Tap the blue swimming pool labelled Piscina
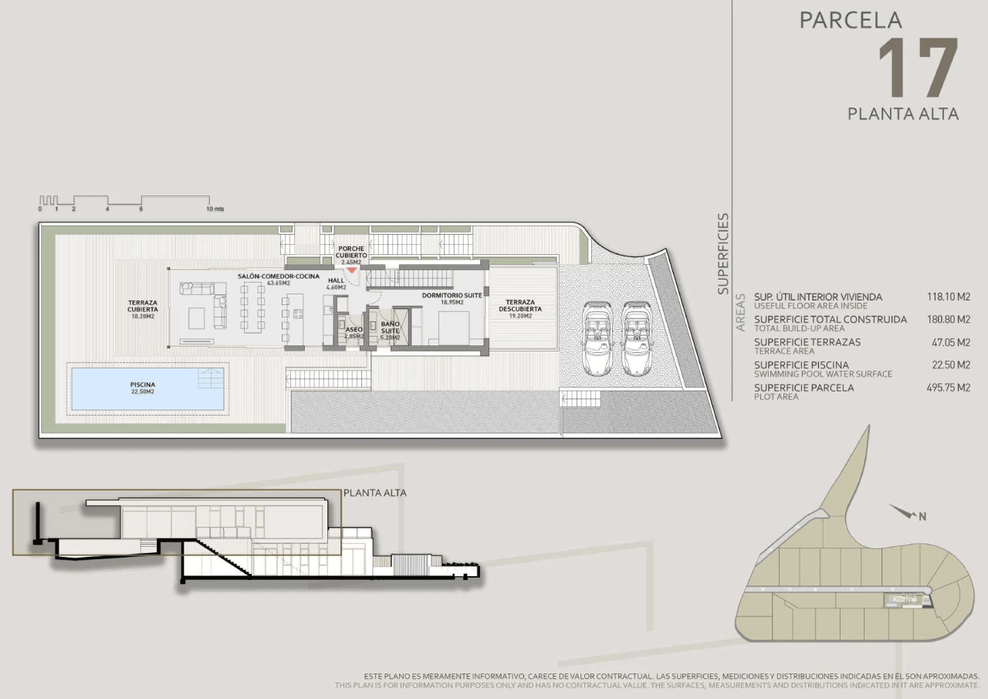tap(147, 389)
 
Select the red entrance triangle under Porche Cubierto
tap(351, 270)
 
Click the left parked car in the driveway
tap(597, 338)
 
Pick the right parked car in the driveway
tap(637, 338)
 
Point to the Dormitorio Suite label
tap(452, 295)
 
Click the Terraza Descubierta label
tap(520, 305)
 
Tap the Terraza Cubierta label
tap(143, 306)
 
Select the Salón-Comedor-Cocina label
tap(279, 277)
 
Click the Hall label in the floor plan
tap(336, 280)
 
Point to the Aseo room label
tap(354, 330)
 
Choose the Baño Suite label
tap(391, 327)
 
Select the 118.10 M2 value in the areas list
tap(949, 297)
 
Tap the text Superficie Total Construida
tap(831, 320)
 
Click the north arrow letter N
tap(922, 516)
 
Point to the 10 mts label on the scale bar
tap(215, 209)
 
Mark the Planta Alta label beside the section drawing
tap(375, 493)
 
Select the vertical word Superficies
tap(723, 254)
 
